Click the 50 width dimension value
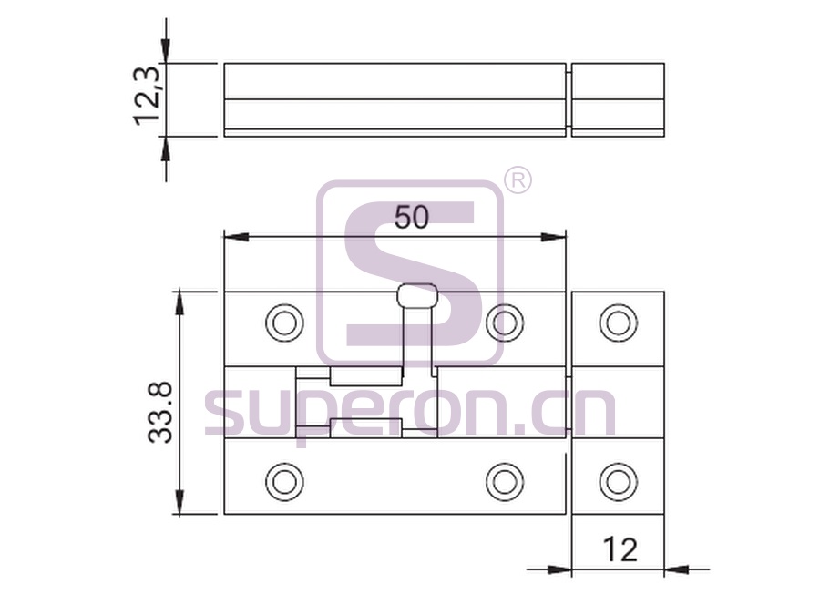pyautogui.click(x=412, y=217)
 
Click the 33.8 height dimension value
pyautogui.click(x=160, y=413)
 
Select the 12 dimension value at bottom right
pyautogui.click(x=620, y=549)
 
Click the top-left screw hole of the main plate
pyautogui.click(x=284, y=323)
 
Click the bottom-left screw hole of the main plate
pyautogui.click(x=284, y=482)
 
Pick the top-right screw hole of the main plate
pyautogui.click(x=505, y=323)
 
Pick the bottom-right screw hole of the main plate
pyautogui.click(x=505, y=482)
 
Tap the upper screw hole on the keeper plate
pyautogui.click(x=618, y=323)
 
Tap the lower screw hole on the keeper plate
pyautogui.click(x=618, y=482)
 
